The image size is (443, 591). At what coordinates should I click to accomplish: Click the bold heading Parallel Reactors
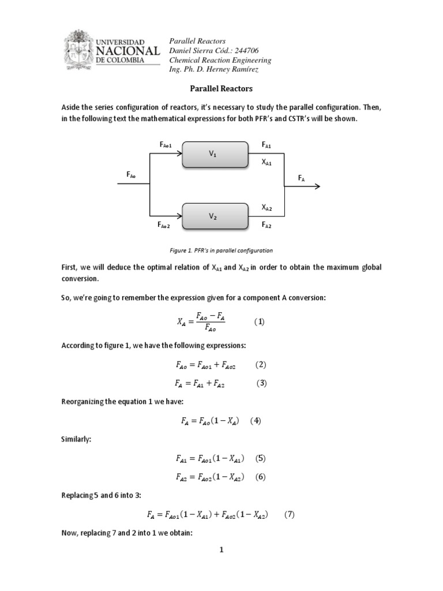221,89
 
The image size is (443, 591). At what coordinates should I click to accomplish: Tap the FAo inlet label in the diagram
131,174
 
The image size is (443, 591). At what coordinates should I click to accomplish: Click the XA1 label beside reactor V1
266,163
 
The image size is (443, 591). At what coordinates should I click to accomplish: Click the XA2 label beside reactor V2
266,207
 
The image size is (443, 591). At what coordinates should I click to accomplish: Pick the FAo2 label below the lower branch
164,225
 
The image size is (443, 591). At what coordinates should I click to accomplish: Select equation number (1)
259,322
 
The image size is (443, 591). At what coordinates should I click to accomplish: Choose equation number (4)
256,421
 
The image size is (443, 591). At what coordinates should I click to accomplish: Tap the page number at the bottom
221,550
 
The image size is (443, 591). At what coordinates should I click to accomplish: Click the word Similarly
77,439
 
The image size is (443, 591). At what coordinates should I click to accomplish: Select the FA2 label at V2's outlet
266,225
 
